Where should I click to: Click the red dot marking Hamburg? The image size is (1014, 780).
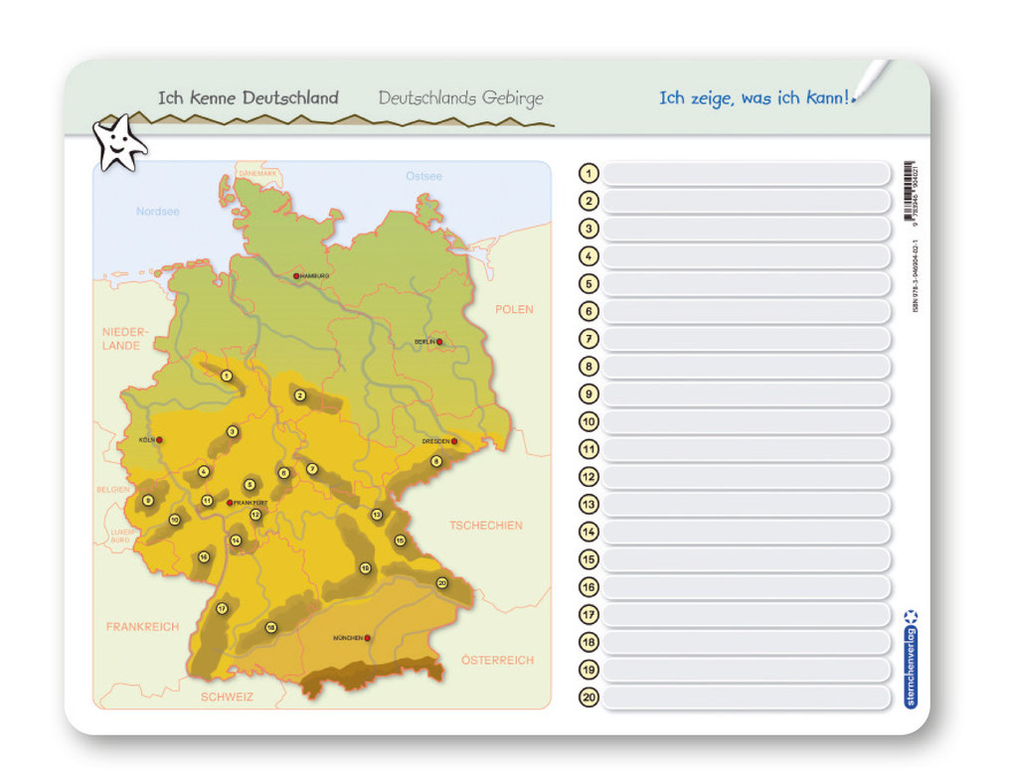coord(296,275)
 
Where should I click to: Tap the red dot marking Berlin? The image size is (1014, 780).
coord(439,342)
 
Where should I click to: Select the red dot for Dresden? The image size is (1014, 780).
coord(454,441)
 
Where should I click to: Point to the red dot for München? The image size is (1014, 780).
coord(368,637)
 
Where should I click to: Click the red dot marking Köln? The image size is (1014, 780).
coord(159,439)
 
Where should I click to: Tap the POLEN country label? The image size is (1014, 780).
coord(514,310)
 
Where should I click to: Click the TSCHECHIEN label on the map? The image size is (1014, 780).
coord(485,525)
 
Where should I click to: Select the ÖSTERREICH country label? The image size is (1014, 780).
coord(497,660)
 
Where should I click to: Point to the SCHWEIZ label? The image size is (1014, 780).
coord(227,697)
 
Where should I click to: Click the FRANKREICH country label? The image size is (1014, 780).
coord(142,627)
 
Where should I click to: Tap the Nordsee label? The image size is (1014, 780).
coord(158,212)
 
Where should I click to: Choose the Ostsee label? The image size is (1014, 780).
coord(423,176)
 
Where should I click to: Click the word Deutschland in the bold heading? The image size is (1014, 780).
coord(290,98)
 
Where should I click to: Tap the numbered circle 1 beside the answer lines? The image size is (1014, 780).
coord(589,174)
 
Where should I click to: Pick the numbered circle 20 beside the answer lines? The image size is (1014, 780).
coord(589,698)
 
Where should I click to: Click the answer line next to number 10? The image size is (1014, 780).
coord(746,421)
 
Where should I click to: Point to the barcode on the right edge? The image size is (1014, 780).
coord(911,192)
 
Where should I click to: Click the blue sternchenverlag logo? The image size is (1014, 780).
coord(911,660)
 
